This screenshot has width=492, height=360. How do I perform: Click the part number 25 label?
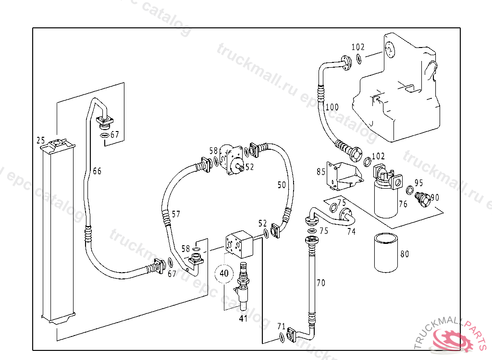pos(40,140)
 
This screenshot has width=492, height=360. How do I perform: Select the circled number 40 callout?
pos(224,274)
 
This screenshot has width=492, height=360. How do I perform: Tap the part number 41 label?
pos(243,318)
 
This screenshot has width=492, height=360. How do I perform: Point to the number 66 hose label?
pos(97,171)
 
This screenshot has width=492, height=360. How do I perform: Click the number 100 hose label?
pos(332,107)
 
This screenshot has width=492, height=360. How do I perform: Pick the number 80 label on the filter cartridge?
pos(405,254)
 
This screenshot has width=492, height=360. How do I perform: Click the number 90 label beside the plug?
pos(435,197)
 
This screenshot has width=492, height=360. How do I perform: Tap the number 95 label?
pos(418,183)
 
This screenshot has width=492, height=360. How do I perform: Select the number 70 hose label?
pos(320,283)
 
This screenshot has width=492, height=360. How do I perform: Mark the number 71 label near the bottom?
pos(282,326)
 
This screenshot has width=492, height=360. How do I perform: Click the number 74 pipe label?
pos(351,231)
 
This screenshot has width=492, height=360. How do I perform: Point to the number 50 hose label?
pos(282,184)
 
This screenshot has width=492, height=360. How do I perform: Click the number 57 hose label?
pos(176,214)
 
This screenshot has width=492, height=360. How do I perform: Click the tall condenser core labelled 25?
pos(58,230)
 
